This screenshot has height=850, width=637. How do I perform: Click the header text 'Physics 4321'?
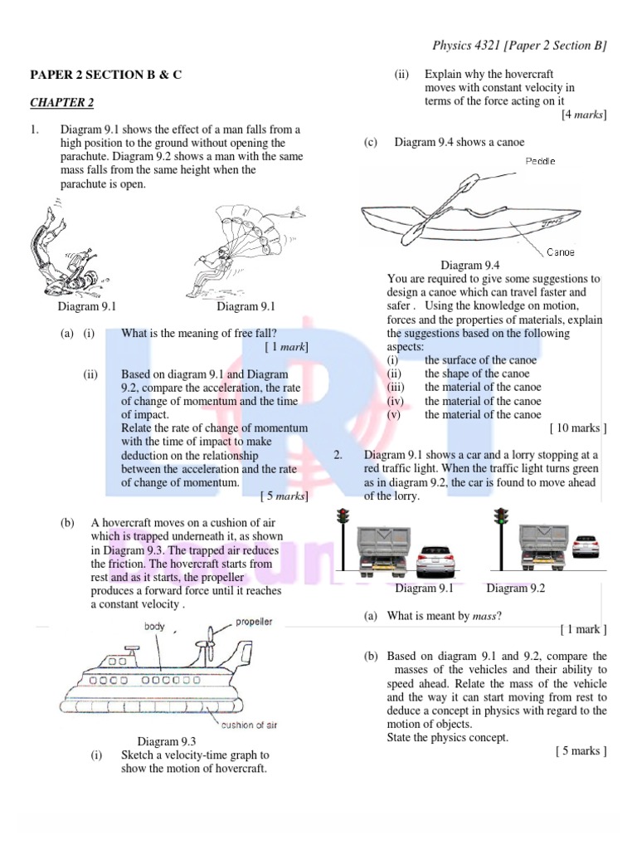pos(470,45)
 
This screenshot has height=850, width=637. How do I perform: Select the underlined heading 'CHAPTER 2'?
pos(62,103)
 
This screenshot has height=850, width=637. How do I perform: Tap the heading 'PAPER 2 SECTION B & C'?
pos(106,75)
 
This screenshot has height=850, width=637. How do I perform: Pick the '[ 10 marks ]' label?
pos(578,428)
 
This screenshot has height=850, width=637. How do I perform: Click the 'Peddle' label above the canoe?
pos(540,160)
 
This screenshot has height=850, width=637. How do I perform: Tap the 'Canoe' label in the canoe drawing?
pos(561,252)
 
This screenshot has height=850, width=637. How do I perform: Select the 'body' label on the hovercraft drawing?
pos(156,626)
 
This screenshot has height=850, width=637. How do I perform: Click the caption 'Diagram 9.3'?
pos(167,741)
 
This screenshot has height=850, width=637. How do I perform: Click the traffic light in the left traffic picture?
pos(341,520)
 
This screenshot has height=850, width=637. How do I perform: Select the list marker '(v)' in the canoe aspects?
pos(392,414)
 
